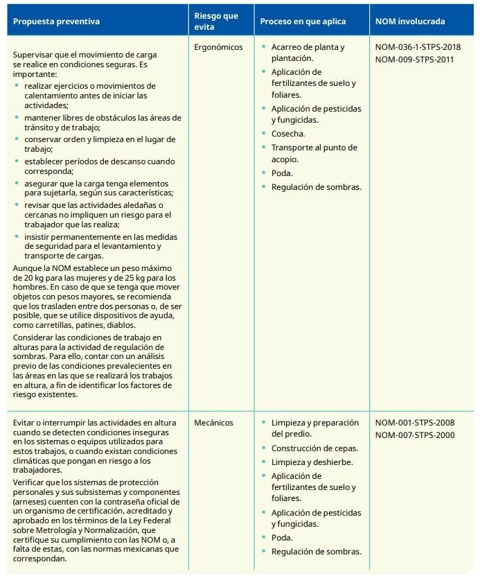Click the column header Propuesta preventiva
pos(53,21)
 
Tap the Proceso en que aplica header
pos(302,21)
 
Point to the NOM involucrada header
pos(411,21)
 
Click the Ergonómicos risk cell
pos(219,47)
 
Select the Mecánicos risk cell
pos(214,422)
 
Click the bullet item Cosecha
pos(288,133)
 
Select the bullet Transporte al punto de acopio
pos(314,153)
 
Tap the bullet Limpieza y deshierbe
pos(312,462)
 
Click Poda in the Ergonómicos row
pos(282,173)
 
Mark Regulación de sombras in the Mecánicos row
pos(316,551)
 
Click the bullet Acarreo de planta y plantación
pos(308,53)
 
